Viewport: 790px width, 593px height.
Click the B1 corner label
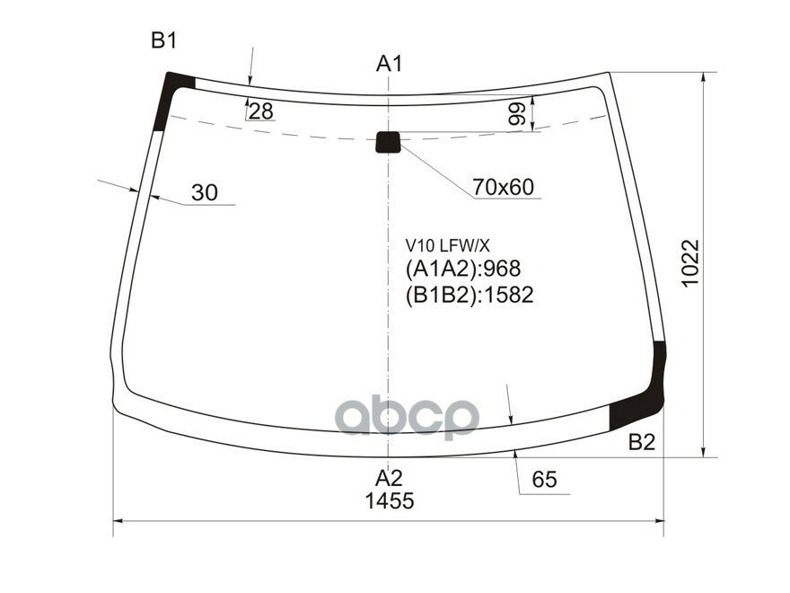163,40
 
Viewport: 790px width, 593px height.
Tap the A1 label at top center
389,64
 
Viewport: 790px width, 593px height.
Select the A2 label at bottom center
389,477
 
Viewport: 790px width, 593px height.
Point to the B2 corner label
641,442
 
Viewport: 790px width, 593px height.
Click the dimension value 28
261,111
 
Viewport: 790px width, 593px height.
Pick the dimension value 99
516,114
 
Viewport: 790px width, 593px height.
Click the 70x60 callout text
503,187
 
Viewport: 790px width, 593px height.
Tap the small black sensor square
388,141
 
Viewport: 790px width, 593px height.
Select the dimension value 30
205,192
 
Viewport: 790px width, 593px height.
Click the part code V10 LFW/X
447,245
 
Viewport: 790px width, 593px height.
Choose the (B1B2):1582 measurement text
470,295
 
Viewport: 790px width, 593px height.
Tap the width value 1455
389,501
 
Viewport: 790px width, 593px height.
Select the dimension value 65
545,481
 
